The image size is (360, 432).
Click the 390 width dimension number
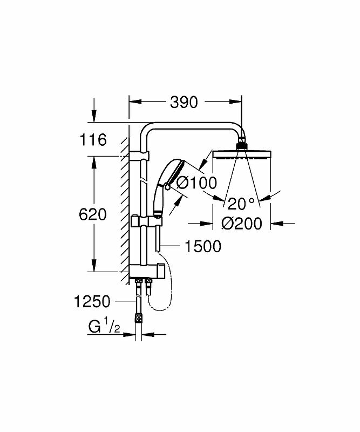click(184, 102)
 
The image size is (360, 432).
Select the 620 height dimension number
click(93, 214)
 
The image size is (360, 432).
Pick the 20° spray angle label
click(240, 204)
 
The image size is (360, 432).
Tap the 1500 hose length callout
click(203, 247)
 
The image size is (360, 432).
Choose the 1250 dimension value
click(92, 301)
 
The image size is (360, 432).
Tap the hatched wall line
click(125, 205)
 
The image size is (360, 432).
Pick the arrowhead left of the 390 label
click(133, 102)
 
